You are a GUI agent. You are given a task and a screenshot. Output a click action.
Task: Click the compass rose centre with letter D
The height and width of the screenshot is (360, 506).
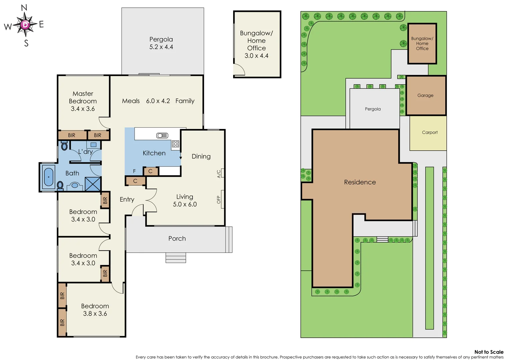coord(25,25)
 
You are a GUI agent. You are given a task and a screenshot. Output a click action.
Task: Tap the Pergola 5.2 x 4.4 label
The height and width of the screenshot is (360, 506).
coord(161,43)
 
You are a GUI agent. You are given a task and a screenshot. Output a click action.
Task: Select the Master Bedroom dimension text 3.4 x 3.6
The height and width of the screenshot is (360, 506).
coord(83,109)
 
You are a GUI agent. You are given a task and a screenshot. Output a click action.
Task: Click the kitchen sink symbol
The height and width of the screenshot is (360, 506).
coord(162,135)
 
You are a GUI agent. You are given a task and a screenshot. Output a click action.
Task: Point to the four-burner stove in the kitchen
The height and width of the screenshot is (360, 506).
coord(175,144)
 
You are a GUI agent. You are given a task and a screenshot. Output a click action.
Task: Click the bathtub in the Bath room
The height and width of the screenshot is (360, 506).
coord(49,177)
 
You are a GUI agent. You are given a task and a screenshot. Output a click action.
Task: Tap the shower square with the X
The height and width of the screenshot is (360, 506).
coord(93,184)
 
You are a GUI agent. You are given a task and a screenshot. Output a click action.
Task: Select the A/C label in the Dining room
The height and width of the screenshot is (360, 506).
coord(219,174)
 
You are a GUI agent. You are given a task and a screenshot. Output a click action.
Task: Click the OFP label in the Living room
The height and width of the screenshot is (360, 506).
coord(219,199)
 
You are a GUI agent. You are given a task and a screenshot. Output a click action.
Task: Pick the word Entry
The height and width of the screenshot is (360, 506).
coord(127,199)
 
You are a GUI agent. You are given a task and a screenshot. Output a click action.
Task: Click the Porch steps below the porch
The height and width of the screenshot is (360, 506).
coord(176,258)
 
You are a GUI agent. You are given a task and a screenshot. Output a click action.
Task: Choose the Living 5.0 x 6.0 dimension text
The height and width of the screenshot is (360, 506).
coord(185,204)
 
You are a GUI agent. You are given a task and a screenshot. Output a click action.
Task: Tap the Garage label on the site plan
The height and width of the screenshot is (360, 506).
coord(425,95)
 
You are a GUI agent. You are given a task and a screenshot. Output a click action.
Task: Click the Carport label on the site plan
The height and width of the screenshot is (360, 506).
coord(430,132)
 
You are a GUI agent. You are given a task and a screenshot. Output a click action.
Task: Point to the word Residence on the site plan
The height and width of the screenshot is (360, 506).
coord(360,182)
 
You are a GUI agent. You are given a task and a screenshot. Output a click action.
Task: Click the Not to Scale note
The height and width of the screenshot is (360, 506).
coord(489,352)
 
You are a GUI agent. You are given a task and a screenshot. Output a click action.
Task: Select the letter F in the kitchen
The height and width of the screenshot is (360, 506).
coord(134,171)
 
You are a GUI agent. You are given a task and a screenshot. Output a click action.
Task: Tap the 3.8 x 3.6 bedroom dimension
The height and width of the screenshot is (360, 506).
coord(95,314)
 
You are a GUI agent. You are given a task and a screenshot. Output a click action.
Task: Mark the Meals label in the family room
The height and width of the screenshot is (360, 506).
coord(131,101)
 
